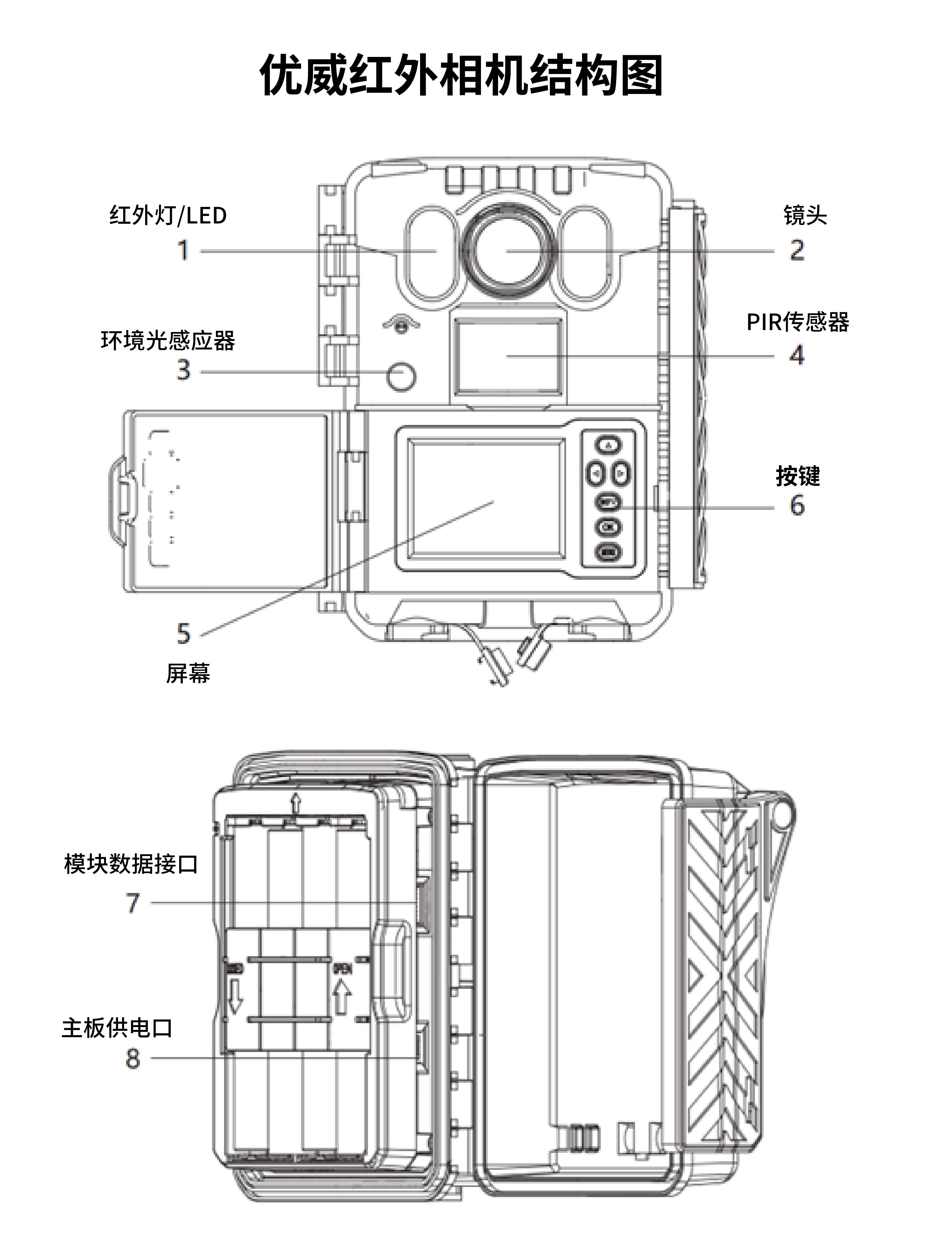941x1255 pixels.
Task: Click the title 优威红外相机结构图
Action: point(461,76)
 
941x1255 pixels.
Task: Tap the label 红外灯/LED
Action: point(168,216)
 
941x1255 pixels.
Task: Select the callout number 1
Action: point(183,250)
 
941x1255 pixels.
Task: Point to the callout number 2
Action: point(797,250)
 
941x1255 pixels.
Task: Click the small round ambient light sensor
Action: point(401,376)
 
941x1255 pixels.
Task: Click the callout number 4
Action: point(797,356)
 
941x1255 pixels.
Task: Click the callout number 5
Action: point(183,634)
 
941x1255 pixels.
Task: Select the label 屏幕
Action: point(188,673)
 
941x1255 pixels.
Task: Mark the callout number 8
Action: point(132,1058)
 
